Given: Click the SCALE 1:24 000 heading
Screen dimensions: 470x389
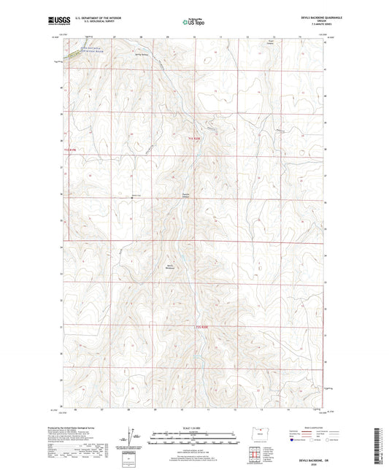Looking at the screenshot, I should tap(194, 427).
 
